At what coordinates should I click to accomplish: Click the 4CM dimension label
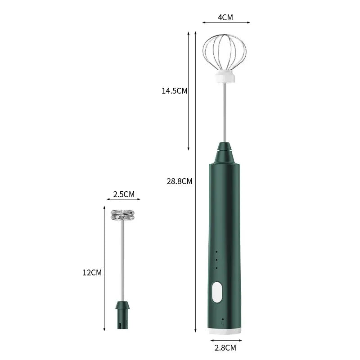click(x=225, y=18)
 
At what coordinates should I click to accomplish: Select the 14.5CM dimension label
click(x=175, y=90)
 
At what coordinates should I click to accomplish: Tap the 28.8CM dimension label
click(x=180, y=181)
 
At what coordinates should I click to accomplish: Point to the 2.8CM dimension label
click(x=225, y=347)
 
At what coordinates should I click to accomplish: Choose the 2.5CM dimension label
click(x=123, y=194)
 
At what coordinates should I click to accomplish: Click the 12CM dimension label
click(x=92, y=272)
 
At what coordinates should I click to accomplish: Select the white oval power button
click(x=218, y=291)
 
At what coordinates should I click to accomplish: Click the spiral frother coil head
click(x=123, y=215)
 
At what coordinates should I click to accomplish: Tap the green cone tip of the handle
click(x=225, y=153)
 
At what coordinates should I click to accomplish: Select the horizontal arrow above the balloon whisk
click(x=225, y=22)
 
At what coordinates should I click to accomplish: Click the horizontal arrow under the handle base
click(x=225, y=340)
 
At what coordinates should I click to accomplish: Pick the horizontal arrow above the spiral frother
click(x=123, y=199)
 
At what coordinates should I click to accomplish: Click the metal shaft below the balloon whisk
click(x=225, y=112)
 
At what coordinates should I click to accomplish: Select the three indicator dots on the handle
click(x=216, y=260)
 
